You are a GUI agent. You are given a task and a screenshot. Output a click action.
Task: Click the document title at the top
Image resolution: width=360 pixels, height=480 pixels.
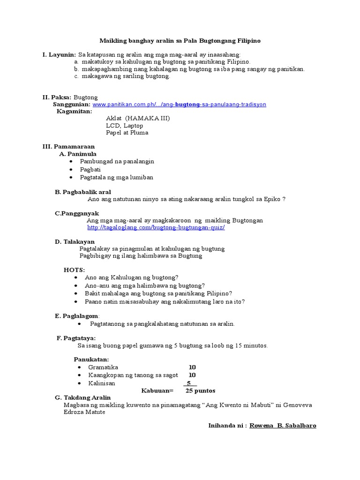[x=180, y=41]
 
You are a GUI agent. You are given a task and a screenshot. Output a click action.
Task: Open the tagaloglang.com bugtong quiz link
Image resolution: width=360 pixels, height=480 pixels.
[x=156, y=227]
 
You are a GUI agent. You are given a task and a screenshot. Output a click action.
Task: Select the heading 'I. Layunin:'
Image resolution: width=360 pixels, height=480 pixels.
[x=59, y=55]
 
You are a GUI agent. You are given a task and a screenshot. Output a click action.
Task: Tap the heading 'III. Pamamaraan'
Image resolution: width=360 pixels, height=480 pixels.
[x=68, y=147]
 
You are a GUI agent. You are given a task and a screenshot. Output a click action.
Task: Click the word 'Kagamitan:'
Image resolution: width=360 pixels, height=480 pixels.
[x=75, y=111]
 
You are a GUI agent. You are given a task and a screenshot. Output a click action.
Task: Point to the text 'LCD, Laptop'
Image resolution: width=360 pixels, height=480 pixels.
[x=124, y=126]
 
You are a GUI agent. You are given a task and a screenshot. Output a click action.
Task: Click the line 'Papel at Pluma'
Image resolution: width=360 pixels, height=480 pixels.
[x=127, y=133]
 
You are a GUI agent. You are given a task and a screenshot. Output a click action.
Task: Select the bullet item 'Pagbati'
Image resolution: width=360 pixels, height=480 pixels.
[x=90, y=169]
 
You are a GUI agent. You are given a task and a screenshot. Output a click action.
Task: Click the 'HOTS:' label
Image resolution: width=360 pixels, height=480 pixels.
[x=74, y=270]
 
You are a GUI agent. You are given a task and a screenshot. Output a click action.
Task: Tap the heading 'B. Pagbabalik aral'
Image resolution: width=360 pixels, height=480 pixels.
[x=83, y=192]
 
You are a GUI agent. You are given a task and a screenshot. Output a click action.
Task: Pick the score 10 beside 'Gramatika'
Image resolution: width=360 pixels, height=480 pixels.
[x=192, y=367]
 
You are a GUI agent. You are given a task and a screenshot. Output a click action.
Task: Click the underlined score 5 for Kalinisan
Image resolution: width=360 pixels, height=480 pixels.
[x=189, y=383]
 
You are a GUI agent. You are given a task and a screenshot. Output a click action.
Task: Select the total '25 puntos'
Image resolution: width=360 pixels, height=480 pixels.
[x=201, y=390]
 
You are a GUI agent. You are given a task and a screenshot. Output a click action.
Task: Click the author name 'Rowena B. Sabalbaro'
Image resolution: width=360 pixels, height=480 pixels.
[x=283, y=425]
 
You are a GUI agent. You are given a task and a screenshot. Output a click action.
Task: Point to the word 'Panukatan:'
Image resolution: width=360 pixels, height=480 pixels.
[x=91, y=359]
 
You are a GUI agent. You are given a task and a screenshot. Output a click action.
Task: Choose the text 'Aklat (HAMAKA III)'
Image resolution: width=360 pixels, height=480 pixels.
[x=138, y=119]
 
